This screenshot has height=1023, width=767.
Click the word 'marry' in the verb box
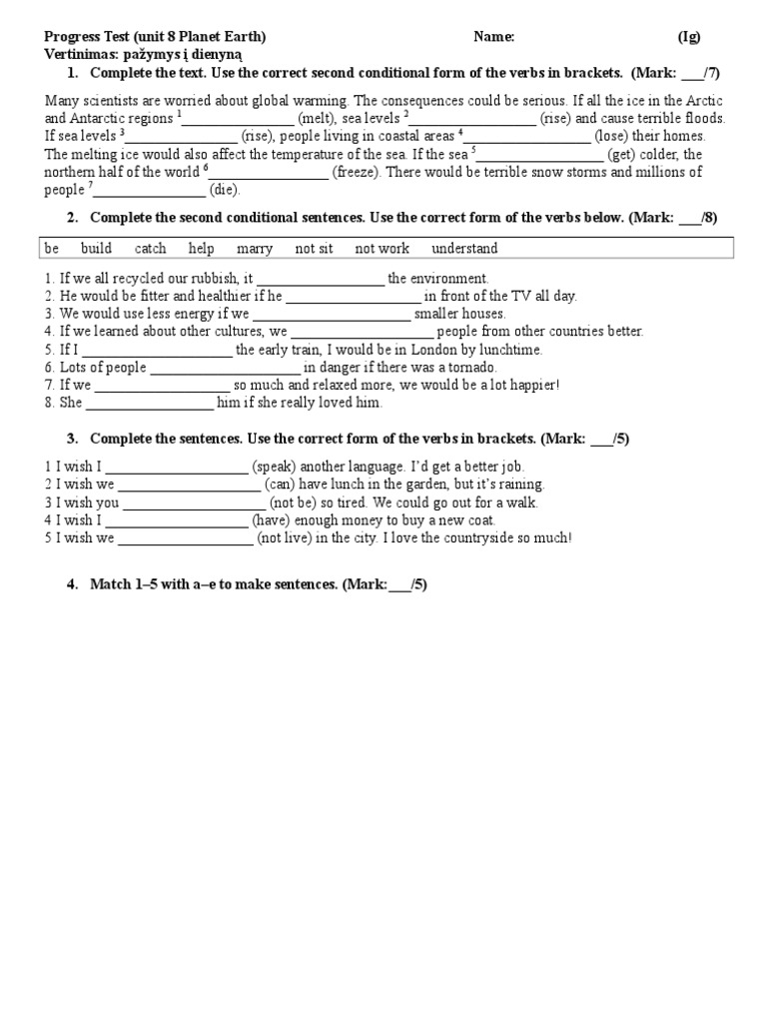coord(255,249)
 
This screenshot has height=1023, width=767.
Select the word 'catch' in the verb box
coord(150,249)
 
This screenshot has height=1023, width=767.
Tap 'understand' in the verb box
coord(464,249)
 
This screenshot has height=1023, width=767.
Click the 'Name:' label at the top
coord(494,37)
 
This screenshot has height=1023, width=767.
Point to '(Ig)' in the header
coord(689,37)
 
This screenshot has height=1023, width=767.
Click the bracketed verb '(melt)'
coord(317,118)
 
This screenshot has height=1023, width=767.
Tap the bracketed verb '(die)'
coord(225,190)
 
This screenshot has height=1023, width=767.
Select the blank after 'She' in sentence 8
coord(150,404)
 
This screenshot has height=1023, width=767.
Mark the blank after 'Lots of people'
coord(225,368)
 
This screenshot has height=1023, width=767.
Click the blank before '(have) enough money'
coord(177,520)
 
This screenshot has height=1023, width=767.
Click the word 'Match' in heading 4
coord(110,585)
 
